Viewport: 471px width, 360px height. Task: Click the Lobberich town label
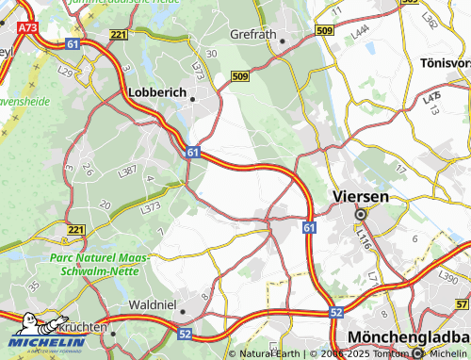click(155, 94)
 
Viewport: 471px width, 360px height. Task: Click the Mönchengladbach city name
click(407, 336)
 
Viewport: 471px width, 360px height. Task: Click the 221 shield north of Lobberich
click(118, 35)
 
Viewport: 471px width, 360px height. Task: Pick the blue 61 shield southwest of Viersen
click(310, 227)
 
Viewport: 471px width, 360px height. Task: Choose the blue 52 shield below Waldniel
click(184, 333)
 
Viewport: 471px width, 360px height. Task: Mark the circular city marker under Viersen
click(359, 214)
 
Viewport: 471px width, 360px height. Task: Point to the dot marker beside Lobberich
click(193, 97)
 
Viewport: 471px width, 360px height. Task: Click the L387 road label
click(128, 171)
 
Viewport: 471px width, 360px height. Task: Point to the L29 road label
click(65, 72)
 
